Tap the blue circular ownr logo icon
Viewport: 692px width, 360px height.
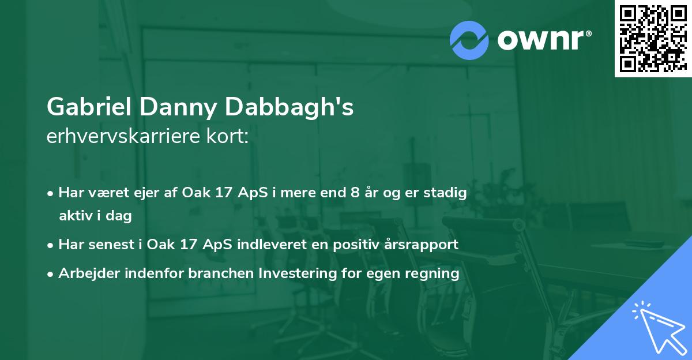click(x=469, y=40)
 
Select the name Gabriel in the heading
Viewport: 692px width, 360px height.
click(x=88, y=107)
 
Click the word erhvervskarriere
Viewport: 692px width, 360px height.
click(x=121, y=137)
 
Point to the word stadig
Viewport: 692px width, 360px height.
click(x=446, y=193)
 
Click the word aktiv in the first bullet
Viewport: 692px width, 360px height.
click(x=78, y=216)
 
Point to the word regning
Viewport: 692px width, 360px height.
click(x=435, y=273)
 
